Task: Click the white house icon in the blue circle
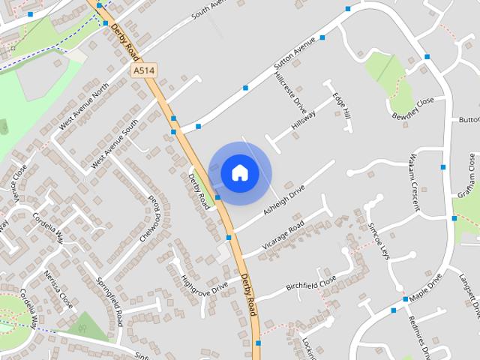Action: (x=240, y=172)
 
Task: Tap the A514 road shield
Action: (x=144, y=70)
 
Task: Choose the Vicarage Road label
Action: (x=283, y=235)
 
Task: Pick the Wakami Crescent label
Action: (x=414, y=183)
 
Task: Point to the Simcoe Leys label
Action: (x=379, y=238)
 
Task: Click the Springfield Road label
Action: (x=109, y=299)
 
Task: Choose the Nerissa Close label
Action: (x=58, y=289)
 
